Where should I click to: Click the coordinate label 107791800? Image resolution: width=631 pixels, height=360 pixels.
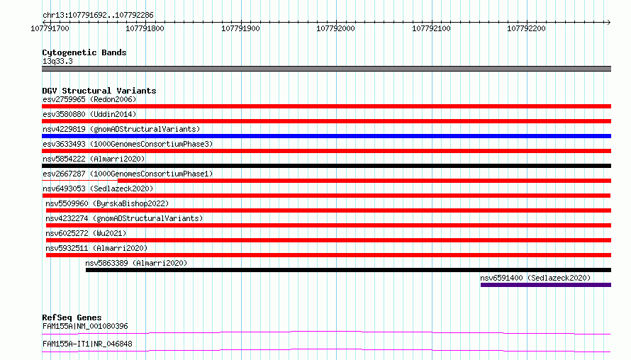point(145,28)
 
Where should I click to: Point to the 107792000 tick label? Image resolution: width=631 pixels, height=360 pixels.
point(335,28)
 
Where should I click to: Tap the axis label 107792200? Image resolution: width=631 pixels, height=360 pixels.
point(526,28)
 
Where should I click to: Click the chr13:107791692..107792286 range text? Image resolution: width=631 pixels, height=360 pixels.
point(98,16)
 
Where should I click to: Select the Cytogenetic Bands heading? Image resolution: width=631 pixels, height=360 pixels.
point(84,52)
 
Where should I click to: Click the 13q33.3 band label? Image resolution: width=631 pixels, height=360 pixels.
point(57,61)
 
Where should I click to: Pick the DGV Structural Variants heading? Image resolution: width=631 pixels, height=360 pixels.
point(99,91)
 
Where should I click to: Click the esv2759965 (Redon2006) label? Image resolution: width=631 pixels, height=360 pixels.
point(89,99)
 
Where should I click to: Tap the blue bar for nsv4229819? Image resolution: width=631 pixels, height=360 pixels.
point(326,136)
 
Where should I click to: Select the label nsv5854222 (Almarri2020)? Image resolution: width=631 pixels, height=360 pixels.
point(94,159)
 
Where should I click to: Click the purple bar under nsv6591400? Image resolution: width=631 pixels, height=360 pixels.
point(546,285)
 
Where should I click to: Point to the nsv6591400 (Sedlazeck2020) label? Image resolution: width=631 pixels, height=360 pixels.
point(535,278)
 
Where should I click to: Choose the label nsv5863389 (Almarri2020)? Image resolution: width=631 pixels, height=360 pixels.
point(136,263)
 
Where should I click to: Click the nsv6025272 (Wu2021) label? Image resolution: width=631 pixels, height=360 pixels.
point(86,233)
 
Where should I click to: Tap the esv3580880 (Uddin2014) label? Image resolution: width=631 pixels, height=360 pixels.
point(89,114)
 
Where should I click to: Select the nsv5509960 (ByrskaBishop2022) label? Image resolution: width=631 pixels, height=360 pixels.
point(107,203)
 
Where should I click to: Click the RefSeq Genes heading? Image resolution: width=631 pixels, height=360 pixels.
point(72,317)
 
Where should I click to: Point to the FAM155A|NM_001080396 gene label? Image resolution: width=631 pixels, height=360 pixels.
point(85,326)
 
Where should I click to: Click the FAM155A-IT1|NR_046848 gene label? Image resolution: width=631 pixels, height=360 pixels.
point(87,344)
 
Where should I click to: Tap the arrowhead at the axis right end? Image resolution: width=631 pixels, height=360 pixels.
point(609,22)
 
